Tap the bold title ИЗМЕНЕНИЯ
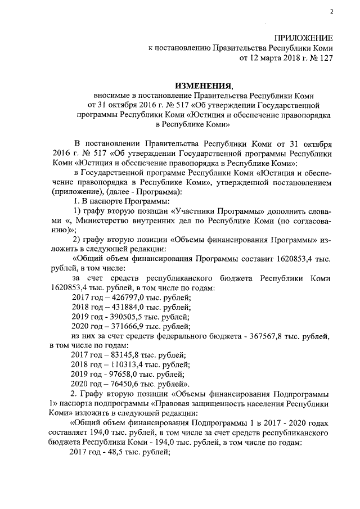point(203,85)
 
